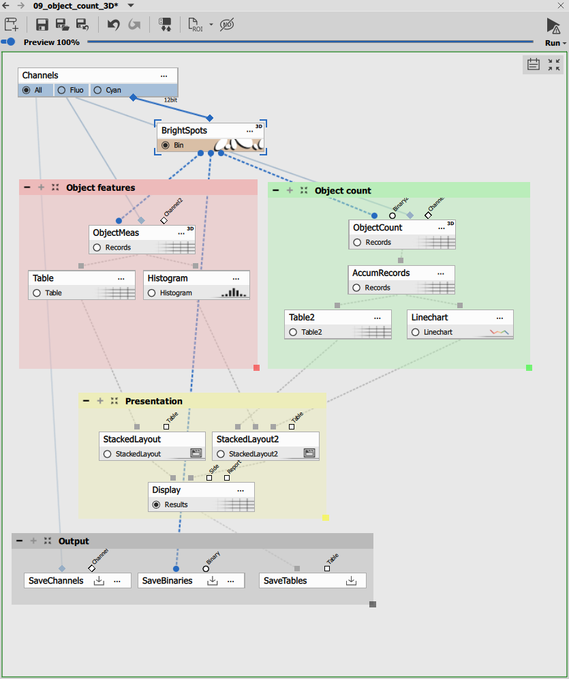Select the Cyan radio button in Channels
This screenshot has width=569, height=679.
97,90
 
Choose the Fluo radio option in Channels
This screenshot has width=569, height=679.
61,90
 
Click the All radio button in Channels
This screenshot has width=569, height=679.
27,90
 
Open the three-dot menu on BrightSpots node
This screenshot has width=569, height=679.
249,131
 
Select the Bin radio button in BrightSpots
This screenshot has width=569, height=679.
165,145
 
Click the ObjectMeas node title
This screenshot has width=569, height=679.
116,232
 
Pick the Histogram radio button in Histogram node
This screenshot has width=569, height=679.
151,293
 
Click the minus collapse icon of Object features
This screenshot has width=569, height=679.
27,187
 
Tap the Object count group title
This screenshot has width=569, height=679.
343,191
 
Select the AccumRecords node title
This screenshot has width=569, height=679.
381,273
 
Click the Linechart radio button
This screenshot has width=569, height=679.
415,333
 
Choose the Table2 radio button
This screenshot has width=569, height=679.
293,333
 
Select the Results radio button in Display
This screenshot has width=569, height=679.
156,504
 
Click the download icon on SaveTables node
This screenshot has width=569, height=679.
351,581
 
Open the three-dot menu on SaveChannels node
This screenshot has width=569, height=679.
117,581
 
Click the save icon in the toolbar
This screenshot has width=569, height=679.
42,25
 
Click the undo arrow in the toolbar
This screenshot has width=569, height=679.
114,25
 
